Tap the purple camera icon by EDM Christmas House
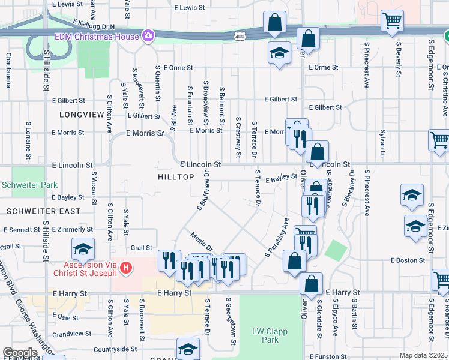click(x=148, y=37)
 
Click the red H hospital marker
click(x=125, y=267)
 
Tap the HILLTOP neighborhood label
click(x=176, y=177)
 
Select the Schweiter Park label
click(x=29, y=185)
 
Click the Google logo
click(x=20, y=353)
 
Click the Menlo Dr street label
click(x=202, y=242)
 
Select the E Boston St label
click(x=408, y=260)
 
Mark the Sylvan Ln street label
click(x=382, y=147)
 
